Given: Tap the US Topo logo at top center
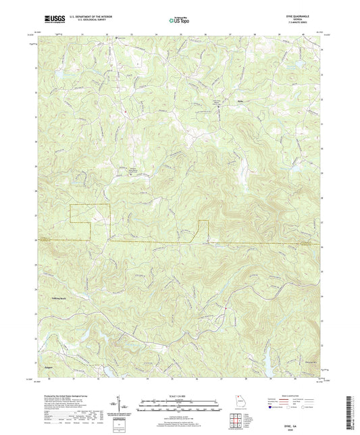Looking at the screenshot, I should point(180,20).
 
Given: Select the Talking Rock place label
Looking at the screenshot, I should point(59,298).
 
